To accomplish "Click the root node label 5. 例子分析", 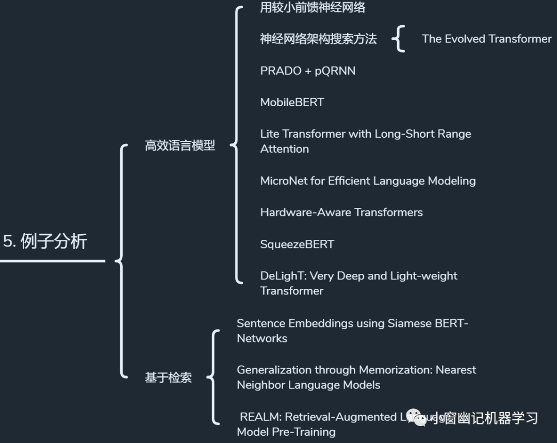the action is pyautogui.click(x=45, y=241).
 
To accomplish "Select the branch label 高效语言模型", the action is pyautogui.click(x=179, y=146).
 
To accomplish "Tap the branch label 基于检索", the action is pyautogui.click(x=168, y=378).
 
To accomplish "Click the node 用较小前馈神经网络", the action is pyautogui.click(x=313, y=7).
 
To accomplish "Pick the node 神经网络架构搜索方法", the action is pyautogui.click(x=318, y=39).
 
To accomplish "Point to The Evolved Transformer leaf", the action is pyautogui.click(x=486, y=39).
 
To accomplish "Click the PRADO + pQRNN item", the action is pyautogui.click(x=307, y=71).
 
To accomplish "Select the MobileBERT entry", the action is pyautogui.click(x=292, y=102).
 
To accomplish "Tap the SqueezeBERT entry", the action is pyautogui.click(x=297, y=244).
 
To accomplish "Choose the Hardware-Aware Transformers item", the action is pyautogui.click(x=341, y=212).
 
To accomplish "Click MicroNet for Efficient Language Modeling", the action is pyautogui.click(x=368, y=181).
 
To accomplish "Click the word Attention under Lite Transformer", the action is pyautogui.click(x=284, y=149).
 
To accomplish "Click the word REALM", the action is pyautogui.click(x=259, y=417).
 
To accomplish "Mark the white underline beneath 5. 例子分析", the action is pyautogui.click(x=52, y=261).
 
